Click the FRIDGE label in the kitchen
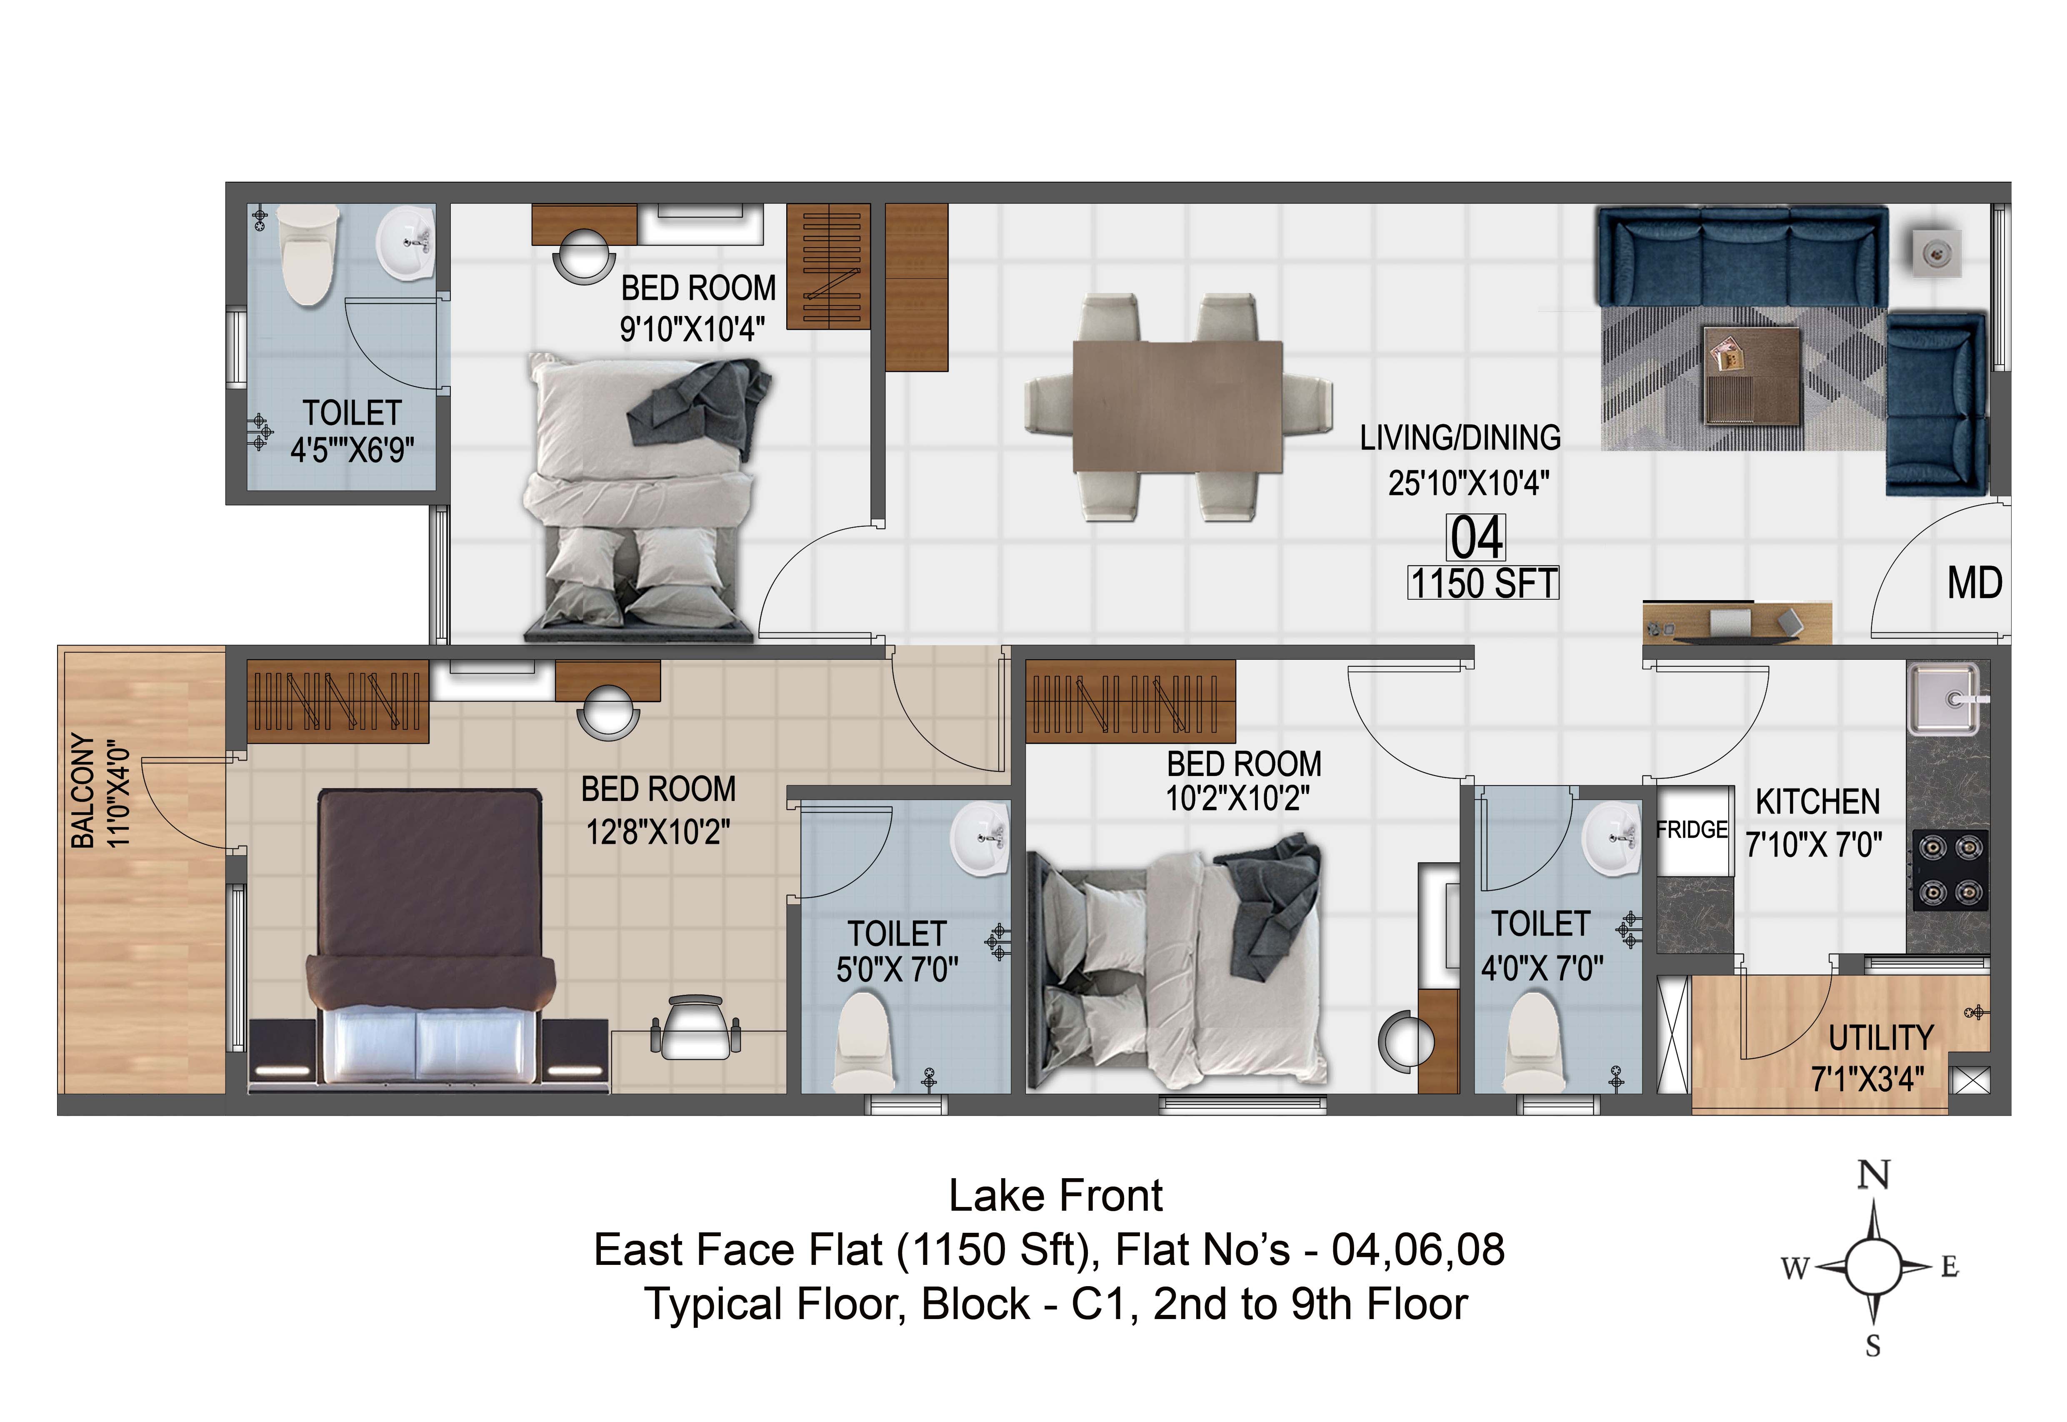click(1691, 830)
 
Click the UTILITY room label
click(1881, 1039)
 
